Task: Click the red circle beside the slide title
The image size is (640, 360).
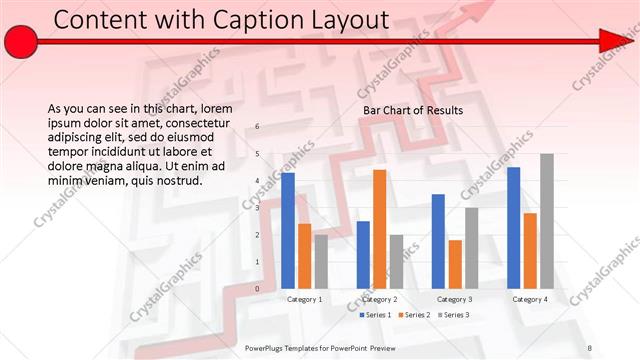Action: tap(21, 41)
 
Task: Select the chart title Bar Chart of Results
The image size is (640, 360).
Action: tap(412, 110)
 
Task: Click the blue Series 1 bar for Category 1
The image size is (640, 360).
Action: tap(288, 230)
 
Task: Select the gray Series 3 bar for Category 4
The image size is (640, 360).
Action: tap(546, 221)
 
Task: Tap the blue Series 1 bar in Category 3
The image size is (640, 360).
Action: tap(438, 241)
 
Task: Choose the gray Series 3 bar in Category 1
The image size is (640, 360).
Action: tap(321, 261)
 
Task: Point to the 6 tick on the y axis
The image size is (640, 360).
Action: tap(258, 127)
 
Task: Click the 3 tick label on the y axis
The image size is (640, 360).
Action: tap(258, 208)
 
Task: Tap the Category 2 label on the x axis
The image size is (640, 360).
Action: tap(379, 299)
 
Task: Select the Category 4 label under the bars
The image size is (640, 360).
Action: tap(529, 299)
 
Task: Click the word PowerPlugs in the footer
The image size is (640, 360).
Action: tap(267, 348)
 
